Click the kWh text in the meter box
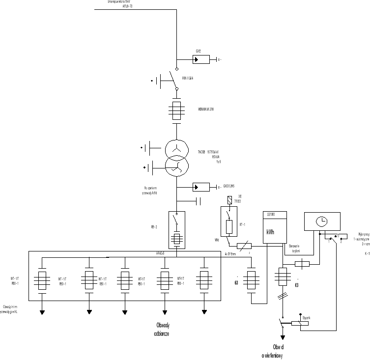click(271, 232)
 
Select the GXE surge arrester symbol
click(200, 60)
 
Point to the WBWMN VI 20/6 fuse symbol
click(176, 110)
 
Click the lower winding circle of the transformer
click(176, 167)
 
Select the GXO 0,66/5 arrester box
click(200, 187)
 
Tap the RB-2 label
click(154, 227)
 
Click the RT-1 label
click(242, 224)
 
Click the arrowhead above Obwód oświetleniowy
click(283, 337)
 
